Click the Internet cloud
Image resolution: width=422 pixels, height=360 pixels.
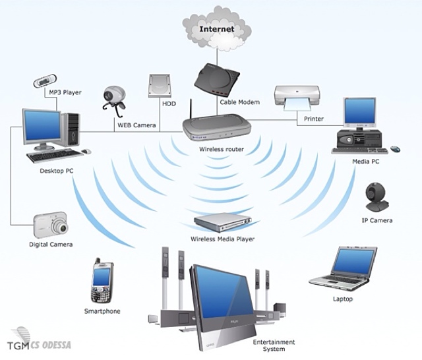(x=217, y=28)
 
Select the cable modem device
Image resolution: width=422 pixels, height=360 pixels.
(x=217, y=80)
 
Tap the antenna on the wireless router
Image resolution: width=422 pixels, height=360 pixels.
(x=191, y=109)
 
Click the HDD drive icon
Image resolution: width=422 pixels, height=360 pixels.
(x=160, y=86)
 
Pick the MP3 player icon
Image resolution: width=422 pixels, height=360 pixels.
(x=45, y=80)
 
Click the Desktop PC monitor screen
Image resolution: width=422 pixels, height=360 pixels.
(x=42, y=125)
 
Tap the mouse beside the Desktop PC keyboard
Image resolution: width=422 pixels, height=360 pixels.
(x=86, y=152)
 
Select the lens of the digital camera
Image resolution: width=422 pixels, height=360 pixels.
(x=62, y=228)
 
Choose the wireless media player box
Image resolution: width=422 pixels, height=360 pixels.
(x=222, y=222)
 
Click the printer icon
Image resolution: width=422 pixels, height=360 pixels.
(x=297, y=98)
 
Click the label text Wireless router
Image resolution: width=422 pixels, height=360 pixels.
(x=222, y=149)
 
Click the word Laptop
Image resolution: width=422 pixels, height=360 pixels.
(x=343, y=299)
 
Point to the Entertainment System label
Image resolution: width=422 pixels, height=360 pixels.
(x=274, y=345)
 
